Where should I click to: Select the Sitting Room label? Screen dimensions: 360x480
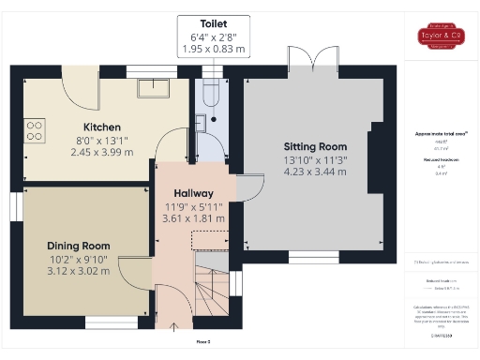pyautogui.click(x=315, y=146)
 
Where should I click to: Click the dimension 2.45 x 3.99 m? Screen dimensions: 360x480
pyautogui.click(x=102, y=152)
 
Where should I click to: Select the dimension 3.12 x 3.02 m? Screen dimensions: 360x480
pyautogui.click(x=79, y=271)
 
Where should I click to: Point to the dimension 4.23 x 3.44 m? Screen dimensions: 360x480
pyautogui.click(x=316, y=172)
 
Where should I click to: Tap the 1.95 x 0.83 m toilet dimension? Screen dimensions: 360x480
pyautogui.click(x=213, y=48)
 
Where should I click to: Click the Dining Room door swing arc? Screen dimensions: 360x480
pyautogui.click(x=131, y=276)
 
